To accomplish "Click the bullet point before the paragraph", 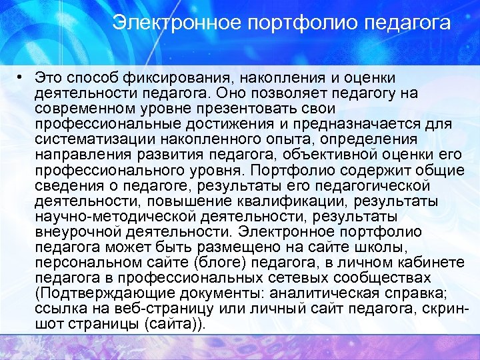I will coord(23,78).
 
